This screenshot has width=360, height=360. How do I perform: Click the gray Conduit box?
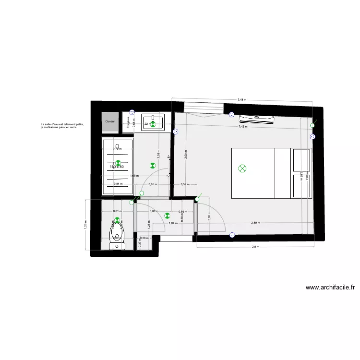[111, 121]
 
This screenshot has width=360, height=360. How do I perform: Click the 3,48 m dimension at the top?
[241, 100]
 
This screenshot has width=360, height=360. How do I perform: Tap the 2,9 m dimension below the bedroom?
[255, 247]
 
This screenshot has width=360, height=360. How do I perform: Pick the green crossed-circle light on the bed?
[242, 168]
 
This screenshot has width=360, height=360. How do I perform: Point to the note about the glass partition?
[62, 126]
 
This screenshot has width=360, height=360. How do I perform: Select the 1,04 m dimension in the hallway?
[172, 223]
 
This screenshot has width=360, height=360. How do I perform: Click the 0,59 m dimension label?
[184, 184]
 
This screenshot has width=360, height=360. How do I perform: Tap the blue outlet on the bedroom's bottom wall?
[232, 235]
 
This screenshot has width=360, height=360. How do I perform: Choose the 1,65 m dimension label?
[134, 176]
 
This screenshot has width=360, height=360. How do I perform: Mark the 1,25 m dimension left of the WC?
[85, 225]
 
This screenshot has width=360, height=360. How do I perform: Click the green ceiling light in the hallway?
[167, 216]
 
